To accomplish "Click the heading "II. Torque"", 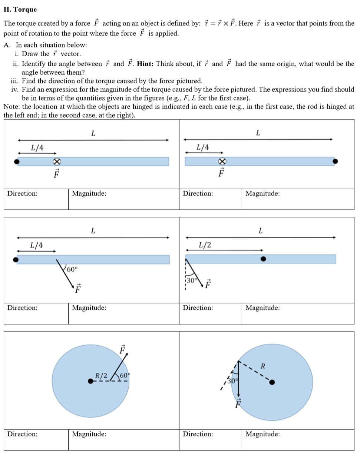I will [20, 9].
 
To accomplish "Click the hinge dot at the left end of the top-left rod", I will [16, 162].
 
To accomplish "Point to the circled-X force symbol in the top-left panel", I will [57, 162].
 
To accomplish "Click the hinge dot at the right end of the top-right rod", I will [335, 161].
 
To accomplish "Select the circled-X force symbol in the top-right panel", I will [222, 161].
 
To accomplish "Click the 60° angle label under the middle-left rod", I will [72, 269].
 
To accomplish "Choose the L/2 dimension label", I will [205, 245].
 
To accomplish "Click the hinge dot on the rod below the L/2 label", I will [263, 259].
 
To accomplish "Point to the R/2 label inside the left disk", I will [101, 375].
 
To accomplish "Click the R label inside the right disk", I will [263, 366].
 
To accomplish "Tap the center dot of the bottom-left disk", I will [90, 381].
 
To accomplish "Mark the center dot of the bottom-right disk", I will [272, 382].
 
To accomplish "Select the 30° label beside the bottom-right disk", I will [232, 380].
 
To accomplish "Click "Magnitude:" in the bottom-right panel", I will [262, 434].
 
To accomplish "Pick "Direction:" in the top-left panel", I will [22, 193].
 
